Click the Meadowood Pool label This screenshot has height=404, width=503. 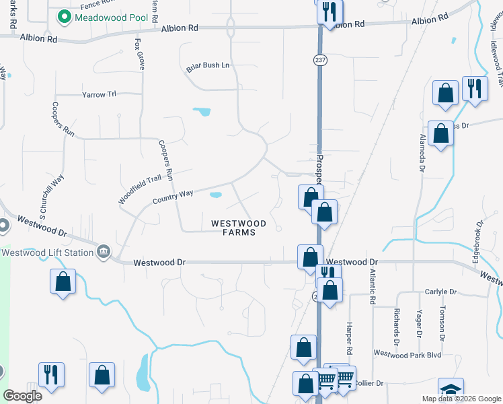[x=112, y=16]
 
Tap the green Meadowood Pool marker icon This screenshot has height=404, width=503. [x=65, y=16]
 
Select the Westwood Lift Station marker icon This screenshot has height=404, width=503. [x=104, y=252]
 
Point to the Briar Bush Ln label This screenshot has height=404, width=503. [x=208, y=66]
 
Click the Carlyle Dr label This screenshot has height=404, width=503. [x=440, y=292]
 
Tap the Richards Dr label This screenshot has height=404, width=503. [x=396, y=326]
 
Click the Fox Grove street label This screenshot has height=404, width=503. [x=140, y=54]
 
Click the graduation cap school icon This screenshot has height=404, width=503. [x=451, y=391]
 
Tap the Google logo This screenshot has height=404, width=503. [x=22, y=396]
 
